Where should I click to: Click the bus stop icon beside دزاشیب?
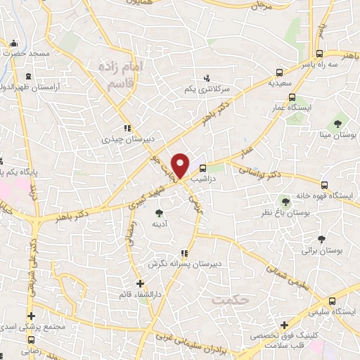202,169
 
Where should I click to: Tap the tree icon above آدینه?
160,211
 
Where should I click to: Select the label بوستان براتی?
322,250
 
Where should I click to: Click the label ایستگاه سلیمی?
335,311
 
